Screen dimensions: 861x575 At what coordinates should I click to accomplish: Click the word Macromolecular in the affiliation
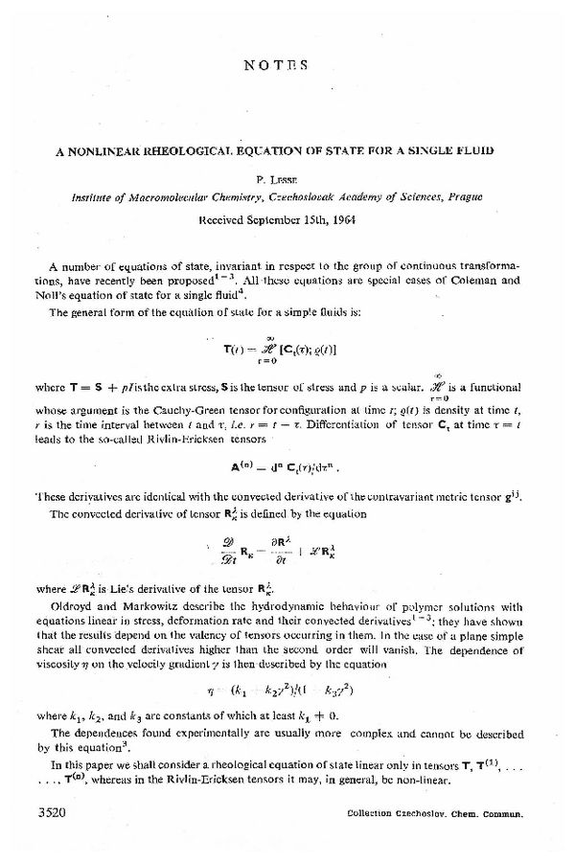pyautogui.click(x=158, y=195)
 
